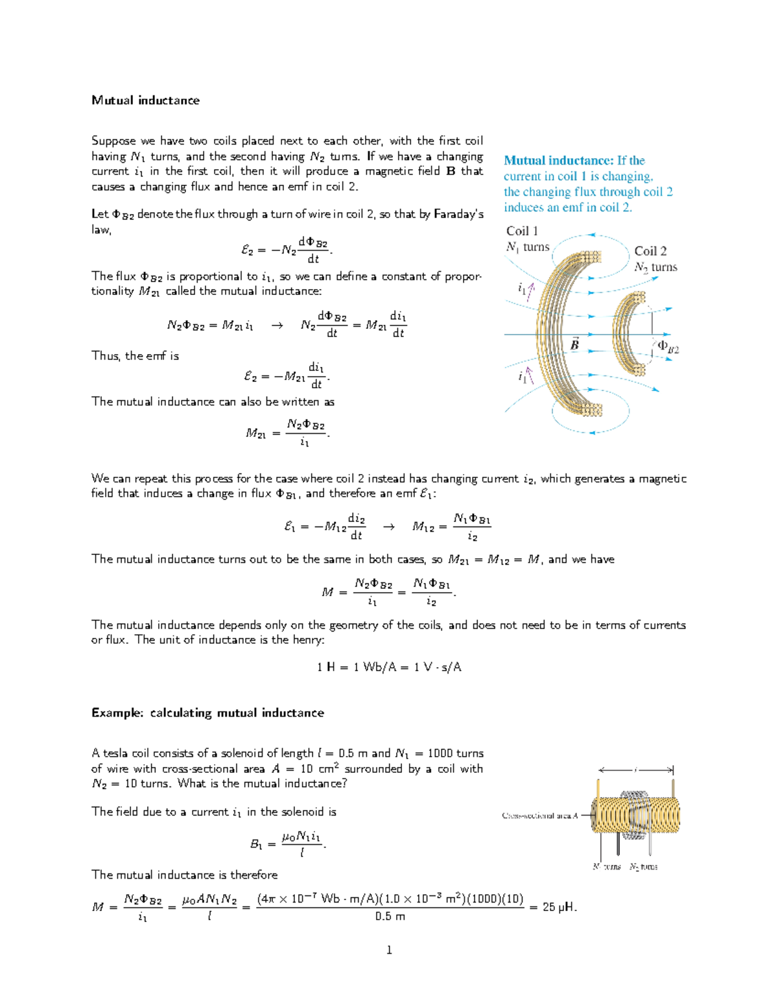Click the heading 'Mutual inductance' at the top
coord(145,101)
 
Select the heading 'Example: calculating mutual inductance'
coord(207,713)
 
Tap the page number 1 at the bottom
coord(389,950)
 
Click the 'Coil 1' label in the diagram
coord(522,231)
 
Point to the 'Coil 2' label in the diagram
coord(650,251)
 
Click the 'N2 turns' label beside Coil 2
coord(655,267)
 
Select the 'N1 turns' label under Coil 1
coord(528,247)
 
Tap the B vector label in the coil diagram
coord(574,344)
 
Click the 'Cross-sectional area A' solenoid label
coord(539,815)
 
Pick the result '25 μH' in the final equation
coord(559,907)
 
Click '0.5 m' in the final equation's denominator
coord(390,916)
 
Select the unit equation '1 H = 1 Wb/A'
coord(356,667)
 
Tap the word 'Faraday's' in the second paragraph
coord(458,214)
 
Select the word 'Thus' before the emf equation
coord(106,356)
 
